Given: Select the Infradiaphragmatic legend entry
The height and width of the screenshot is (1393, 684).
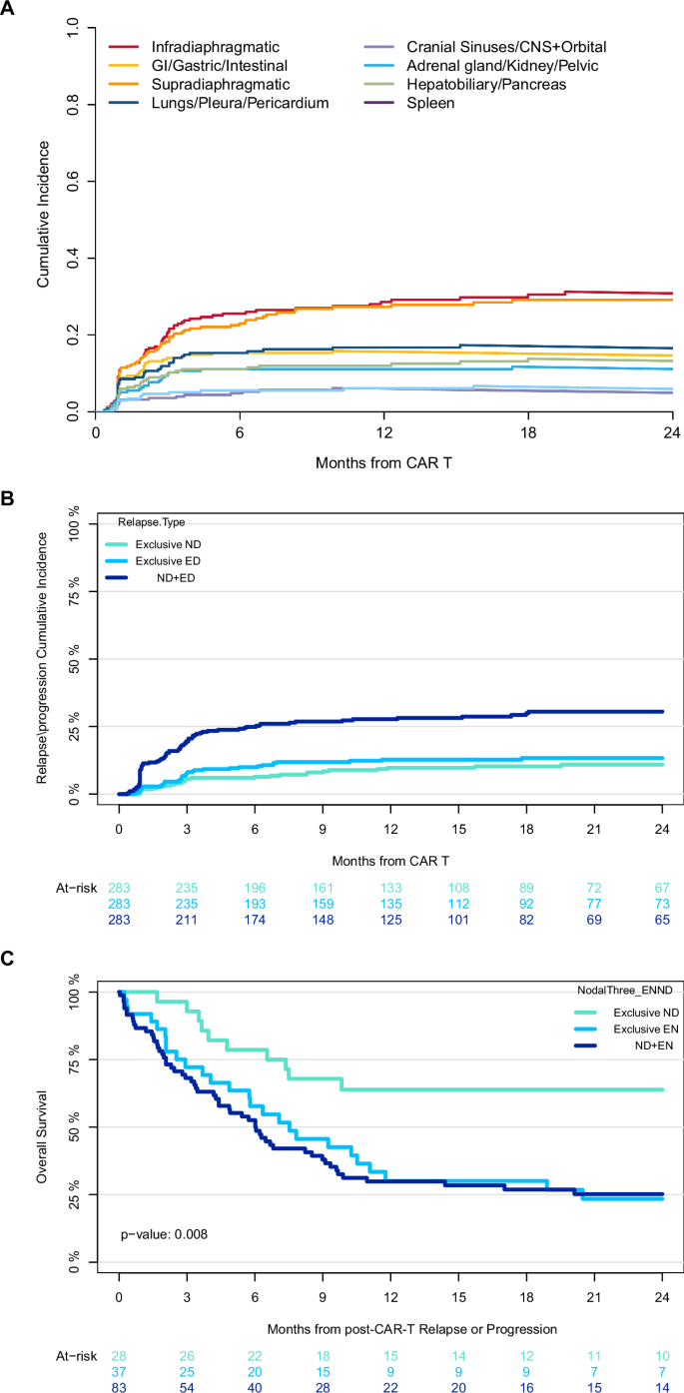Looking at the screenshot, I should pyautogui.click(x=208, y=47).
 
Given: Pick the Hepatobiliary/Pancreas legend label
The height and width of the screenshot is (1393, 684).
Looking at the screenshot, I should pyautogui.click(x=485, y=85).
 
